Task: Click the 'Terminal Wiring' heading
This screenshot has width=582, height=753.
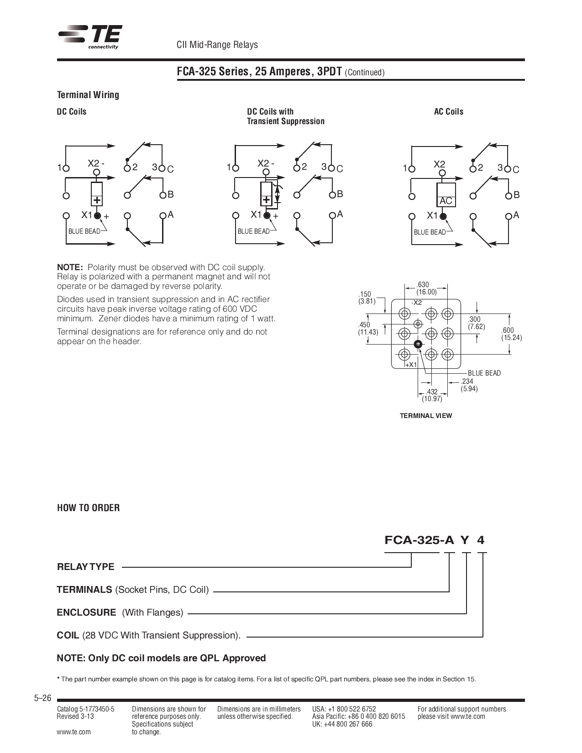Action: click(x=88, y=95)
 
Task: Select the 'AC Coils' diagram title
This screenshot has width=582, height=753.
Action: click(x=448, y=112)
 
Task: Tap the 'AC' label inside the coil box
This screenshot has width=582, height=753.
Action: click(x=446, y=201)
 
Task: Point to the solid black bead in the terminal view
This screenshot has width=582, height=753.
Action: click(x=417, y=344)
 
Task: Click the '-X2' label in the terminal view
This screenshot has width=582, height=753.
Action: click(x=416, y=303)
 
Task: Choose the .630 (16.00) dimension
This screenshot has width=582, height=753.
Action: click(x=425, y=288)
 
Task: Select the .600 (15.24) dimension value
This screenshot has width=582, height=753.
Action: click(x=511, y=334)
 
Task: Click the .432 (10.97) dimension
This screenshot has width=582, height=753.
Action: click(x=431, y=395)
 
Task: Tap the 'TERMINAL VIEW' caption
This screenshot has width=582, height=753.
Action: click(x=425, y=416)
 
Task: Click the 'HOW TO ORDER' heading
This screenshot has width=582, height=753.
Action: click(x=88, y=508)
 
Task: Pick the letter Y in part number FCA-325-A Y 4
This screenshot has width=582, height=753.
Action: click(x=465, y=540)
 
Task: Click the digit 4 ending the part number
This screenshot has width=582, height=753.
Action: click(x=481, y=540)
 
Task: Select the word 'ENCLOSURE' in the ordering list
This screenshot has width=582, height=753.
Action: click(x=86, y=612)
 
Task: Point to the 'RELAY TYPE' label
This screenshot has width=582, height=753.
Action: click(x=85, y=567)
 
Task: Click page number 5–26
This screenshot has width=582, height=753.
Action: click(x=42, y=698)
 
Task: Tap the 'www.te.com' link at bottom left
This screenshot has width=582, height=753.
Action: click(x=73, y=732)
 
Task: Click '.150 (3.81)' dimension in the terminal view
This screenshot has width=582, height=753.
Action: click(x=367, y=298)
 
